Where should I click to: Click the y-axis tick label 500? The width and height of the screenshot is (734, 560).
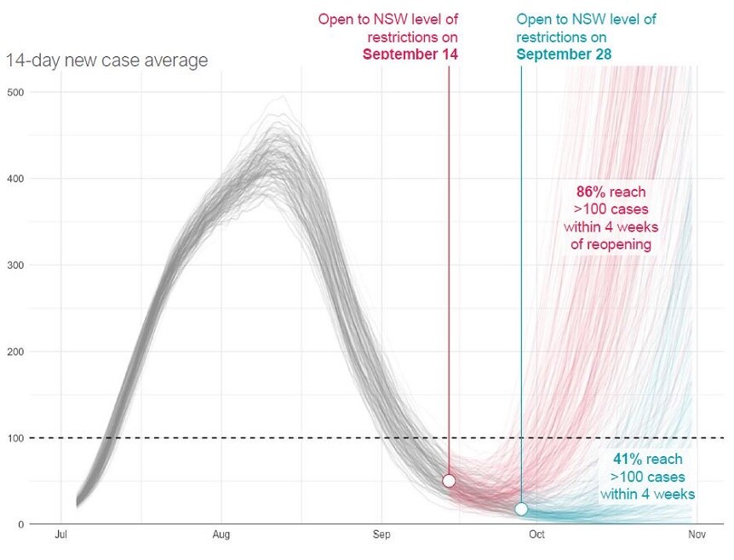click(x=16, y=92)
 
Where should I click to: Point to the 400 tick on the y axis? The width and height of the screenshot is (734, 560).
click(x=16, y=179)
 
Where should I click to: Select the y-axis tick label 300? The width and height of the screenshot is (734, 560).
click(x=16, y=266)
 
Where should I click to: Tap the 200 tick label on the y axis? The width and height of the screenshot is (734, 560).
click(x=16, y=351)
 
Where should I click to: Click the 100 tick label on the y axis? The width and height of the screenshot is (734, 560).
click(x=16, y=438)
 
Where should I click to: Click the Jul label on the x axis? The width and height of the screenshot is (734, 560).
click(x=60, y=535)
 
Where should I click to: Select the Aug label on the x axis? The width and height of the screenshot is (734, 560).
click(x=221, y=535)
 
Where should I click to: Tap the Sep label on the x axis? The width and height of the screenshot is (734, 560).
click(x=381, y=535)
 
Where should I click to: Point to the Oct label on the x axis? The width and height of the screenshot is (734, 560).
click(x=536, y=535)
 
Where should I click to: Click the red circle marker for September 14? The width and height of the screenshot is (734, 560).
click(x=449, y=481)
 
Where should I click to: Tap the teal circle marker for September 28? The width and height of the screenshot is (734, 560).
click(x=521, y=509)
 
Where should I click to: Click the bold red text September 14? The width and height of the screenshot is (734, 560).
click(x=410, y=54)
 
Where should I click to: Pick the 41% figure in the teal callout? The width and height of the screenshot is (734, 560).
click(x=628, y=460)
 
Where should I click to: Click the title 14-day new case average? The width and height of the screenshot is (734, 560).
click(x=106, y=60)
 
